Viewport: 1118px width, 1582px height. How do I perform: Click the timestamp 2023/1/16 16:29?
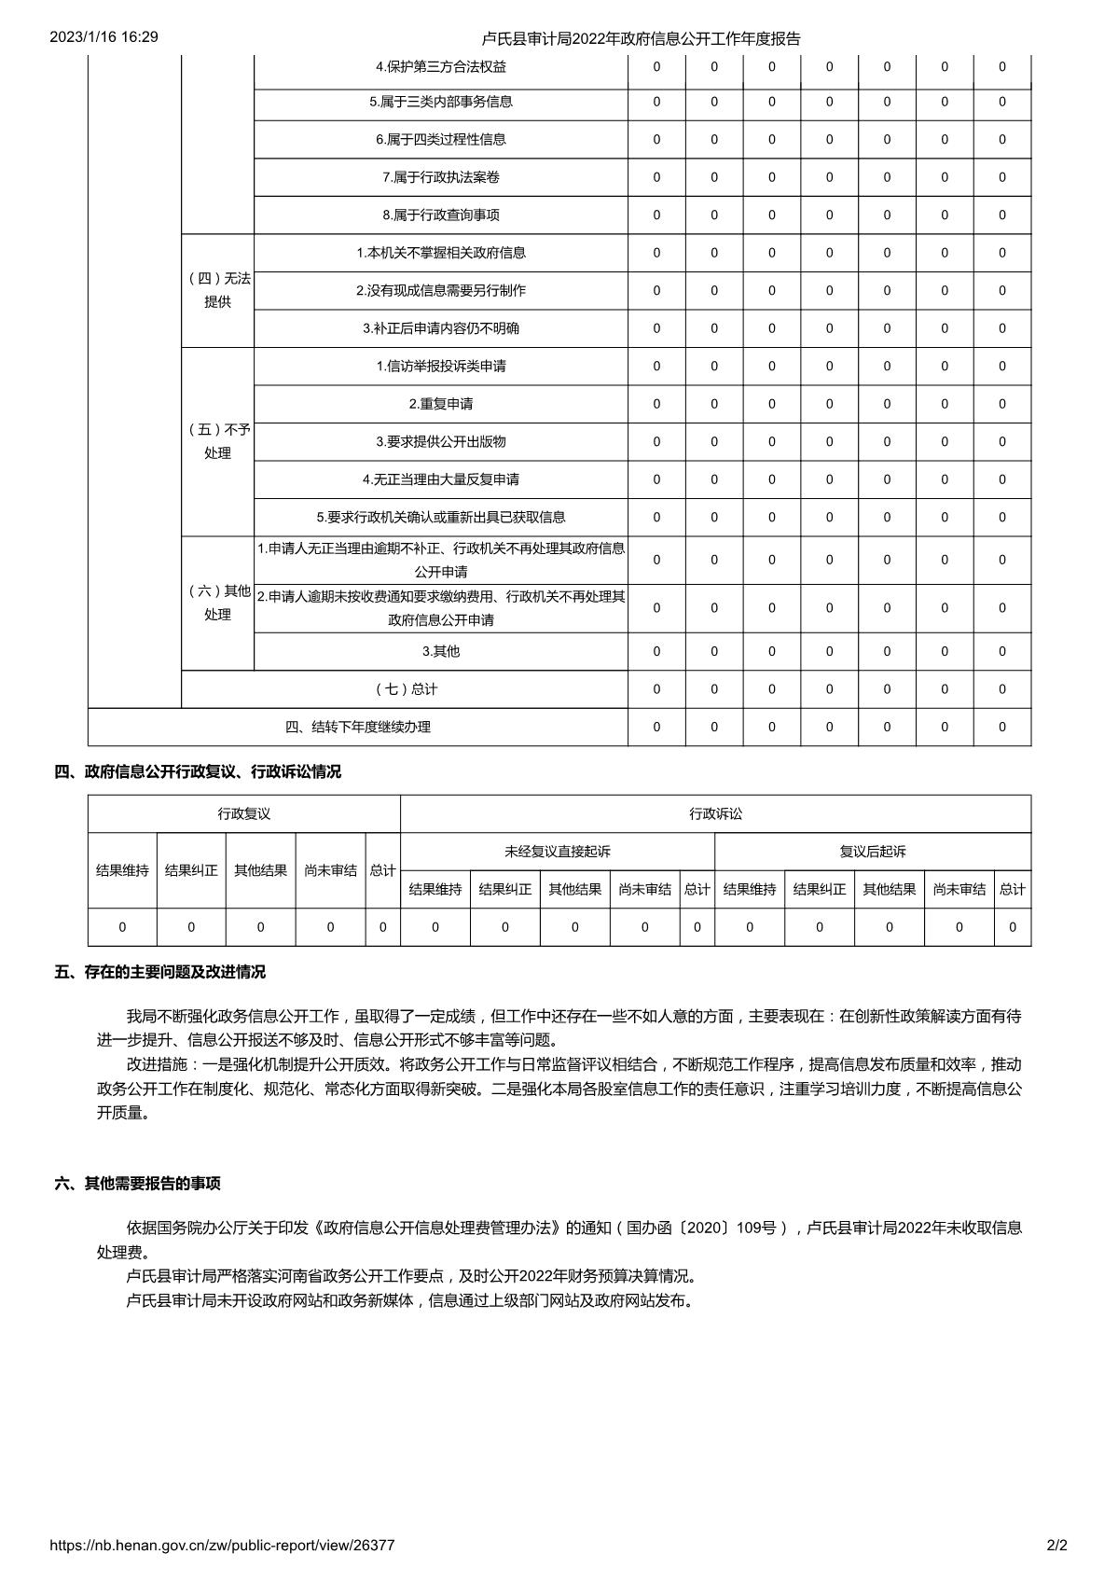pos(104,37)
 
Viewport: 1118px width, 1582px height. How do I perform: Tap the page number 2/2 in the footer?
pos(1057,1545)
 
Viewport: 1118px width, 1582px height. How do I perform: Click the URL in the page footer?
pos(222,1545)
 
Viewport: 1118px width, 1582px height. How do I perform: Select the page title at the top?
pos(642,38)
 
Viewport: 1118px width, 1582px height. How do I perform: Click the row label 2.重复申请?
pos(441,404)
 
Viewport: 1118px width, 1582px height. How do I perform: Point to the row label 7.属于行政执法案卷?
pos(441,177)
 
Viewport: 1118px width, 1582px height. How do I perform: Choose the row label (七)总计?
pos(406,689)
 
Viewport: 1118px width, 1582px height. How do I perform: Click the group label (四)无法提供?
pos(218,290)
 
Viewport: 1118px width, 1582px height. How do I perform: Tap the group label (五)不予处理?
pos(218,441)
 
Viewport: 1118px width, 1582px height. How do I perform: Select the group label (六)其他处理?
pos(218,603)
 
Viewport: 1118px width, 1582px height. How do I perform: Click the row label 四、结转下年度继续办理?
pos(358,727)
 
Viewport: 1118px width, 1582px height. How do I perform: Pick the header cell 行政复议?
pos(244,813)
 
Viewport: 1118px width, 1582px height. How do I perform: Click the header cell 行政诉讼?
pos(716,813)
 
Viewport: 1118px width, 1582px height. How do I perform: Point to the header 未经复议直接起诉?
pos(558,851)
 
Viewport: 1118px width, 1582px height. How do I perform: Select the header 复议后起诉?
pos(873,851)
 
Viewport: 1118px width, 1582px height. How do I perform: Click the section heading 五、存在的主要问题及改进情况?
pos(160,972)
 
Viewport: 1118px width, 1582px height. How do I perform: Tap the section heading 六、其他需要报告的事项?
pos(138,1184)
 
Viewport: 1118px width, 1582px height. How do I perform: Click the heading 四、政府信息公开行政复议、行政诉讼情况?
pos(198,771)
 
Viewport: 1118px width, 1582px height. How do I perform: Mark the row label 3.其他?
pos(441,651)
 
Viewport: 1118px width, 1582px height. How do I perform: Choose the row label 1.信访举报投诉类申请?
pos(441,366)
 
